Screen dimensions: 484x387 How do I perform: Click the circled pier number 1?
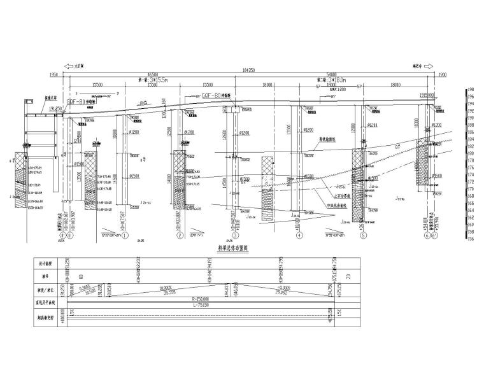[125, 236]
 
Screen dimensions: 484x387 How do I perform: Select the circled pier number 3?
[235, 236]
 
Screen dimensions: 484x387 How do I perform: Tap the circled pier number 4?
[299, 236]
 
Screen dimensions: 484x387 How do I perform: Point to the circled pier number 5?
[363, 236]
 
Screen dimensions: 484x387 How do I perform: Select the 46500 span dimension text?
[152, 75]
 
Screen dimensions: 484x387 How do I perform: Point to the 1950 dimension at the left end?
[53, 75]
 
